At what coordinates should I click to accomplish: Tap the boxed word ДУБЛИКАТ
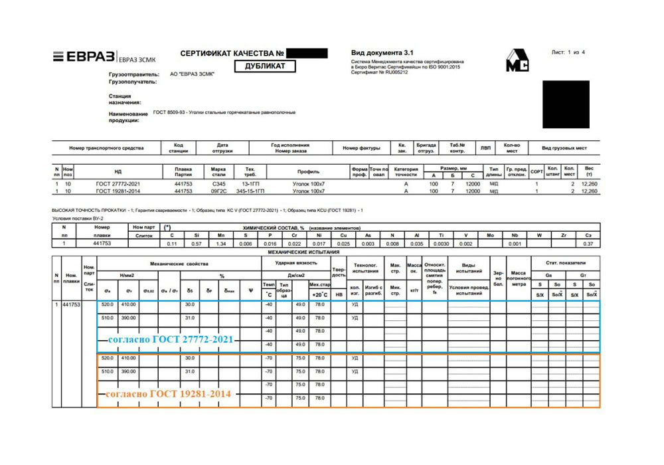tap(265, 66)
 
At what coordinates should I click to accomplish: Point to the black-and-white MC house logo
tap(517, 60)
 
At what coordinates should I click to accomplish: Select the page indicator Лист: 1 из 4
tap(568, 52)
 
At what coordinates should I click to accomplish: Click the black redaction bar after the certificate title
tap(308, 52)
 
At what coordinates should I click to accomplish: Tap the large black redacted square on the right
tap(566, 104)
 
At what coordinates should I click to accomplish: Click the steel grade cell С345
tap(219, 183)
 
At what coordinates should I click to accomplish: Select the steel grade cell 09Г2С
tap(219, 191)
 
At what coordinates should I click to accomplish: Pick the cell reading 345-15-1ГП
tap(250, 191)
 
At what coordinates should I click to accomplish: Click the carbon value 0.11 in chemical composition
tap(172, 244)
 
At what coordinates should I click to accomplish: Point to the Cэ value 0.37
tap(587, 244)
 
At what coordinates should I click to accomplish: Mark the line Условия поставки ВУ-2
tap(78, 219)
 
